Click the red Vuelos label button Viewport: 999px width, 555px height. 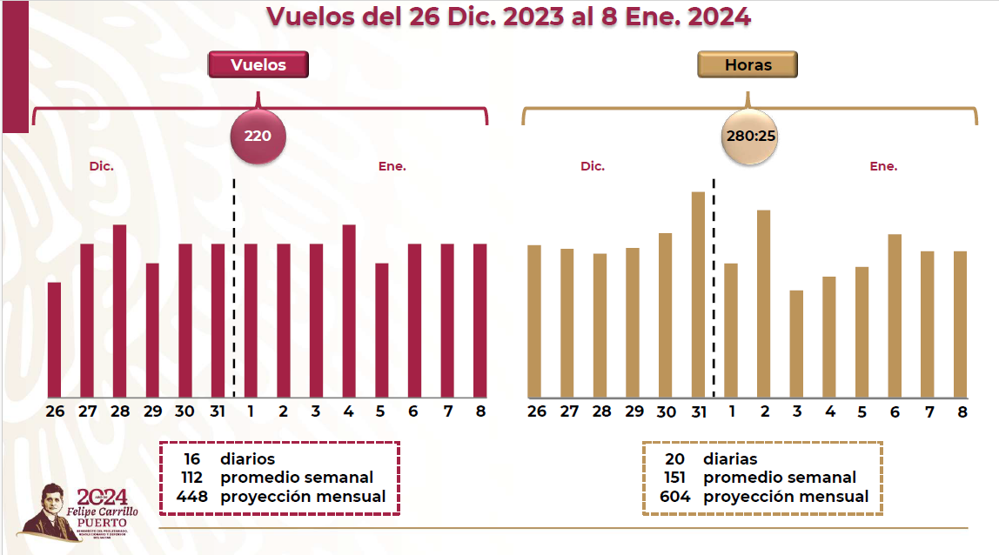[258, 64]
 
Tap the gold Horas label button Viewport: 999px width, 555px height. [748, 64]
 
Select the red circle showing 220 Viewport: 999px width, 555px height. [258, 136]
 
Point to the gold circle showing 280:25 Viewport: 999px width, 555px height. [750, 136]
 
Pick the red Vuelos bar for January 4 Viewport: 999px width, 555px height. [349, 311]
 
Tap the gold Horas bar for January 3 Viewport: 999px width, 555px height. [796, 344]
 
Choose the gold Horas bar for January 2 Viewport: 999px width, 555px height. [764, 304]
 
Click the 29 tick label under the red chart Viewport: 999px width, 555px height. [151, 411]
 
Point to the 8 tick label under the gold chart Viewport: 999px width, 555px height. [962, 411]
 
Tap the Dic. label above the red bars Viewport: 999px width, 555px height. [102, 165]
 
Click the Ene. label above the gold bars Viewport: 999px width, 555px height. [883, 165]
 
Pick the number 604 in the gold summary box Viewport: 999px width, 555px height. [675, 497]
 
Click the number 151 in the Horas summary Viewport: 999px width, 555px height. [675, 478]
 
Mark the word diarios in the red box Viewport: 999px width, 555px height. [247, 458]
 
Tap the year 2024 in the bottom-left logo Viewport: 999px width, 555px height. [103, 497]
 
